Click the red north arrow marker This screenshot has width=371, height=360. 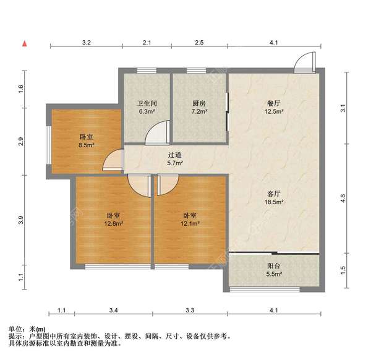click(x=25, y=44)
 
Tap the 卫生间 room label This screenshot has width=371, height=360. click(x=147, y=103)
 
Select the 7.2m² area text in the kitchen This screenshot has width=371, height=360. click(x=199, y=111)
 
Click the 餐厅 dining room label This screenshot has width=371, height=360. click(x=274, y=103)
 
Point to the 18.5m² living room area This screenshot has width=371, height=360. click(x=274, y=202)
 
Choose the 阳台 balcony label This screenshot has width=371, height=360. click(x=274, y=266)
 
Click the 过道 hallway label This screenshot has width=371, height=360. click(x=175, y=155)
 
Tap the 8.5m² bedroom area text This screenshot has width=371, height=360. click(x=87, y=145)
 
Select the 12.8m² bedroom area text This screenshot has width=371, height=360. click(x=114, y=223)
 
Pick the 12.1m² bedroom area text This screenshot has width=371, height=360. click(x=190, y=223)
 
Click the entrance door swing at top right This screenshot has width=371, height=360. click(x=305, y=62)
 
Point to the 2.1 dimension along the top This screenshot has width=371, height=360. click(x=147, y=43)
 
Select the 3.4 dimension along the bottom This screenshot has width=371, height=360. click(x=114, y=310)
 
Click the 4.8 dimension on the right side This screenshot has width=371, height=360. click(x=343, y=199)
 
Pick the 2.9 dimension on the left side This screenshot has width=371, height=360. click(x=21, y=142)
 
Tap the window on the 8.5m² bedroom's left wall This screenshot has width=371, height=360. click(x=49, y=145)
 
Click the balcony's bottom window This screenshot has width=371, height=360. click(x=265, y=289)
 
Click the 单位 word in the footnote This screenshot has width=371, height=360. click(x=15, y=328)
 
